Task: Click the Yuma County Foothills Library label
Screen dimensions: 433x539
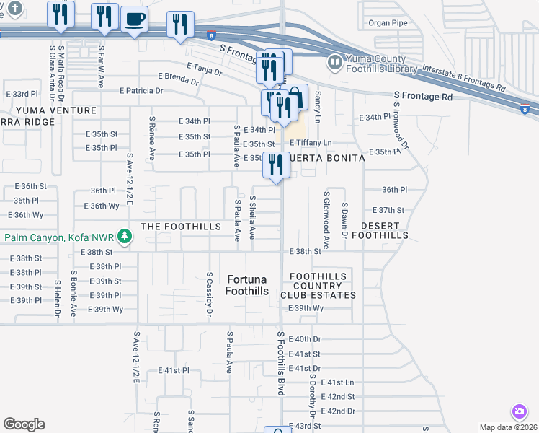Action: [x=381, y=64]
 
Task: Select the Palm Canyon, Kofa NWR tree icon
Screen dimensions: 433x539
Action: [x=124, y=237]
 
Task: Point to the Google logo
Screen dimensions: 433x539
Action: [x=24, y=424]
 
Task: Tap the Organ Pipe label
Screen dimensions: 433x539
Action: [x=388, y=23]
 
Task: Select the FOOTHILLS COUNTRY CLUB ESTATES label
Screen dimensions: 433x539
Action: [x=323, y=286]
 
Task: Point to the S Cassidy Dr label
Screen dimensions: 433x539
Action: [x=208, y=294]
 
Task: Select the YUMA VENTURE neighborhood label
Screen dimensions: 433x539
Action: [x=56, y=110]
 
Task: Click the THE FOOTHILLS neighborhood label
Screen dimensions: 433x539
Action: [x=180, y=227]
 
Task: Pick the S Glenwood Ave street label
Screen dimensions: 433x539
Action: [x=326, y=220]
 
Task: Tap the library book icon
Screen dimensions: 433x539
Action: [x=334, y=61]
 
